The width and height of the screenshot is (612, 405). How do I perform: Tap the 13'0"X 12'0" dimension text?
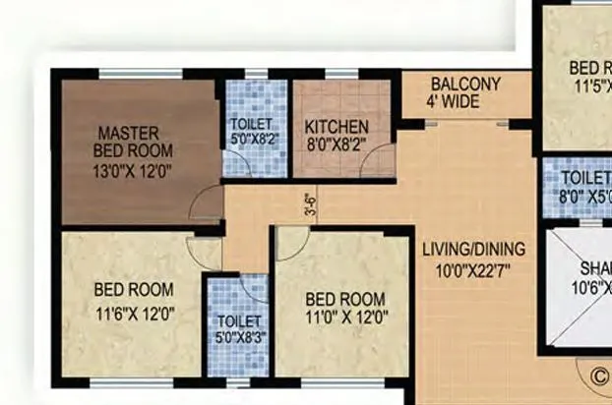(x=134, y=168)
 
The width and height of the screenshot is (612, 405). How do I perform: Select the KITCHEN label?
(x=337, y=127)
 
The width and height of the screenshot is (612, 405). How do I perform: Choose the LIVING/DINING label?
(x=473, y=249)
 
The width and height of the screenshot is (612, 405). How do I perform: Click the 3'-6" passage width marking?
(x=311, y=205)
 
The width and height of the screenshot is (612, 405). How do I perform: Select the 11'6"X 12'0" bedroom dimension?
(x=134, y=315)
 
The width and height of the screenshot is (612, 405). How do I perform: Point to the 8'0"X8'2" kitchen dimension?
(x=337, y=144)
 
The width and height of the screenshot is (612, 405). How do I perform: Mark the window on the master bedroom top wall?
(x=140, y=73)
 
